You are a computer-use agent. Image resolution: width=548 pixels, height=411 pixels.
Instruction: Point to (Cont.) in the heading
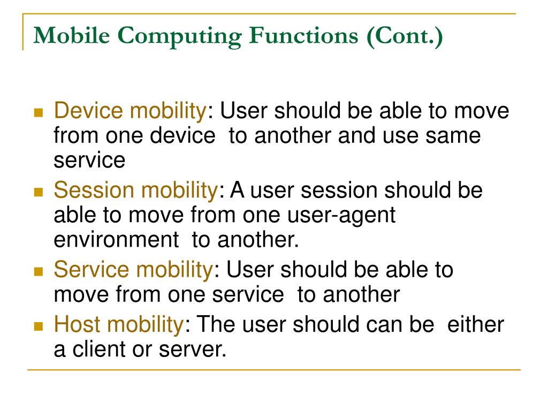tap(405, 36)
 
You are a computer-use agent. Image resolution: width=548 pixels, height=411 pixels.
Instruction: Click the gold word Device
tap(89, 111)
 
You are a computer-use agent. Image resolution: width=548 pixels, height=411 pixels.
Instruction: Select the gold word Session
tap(95, 190)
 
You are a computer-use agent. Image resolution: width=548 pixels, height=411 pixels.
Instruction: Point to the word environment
tap(116, 240)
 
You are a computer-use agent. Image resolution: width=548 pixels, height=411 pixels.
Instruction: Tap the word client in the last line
tap(103, 349)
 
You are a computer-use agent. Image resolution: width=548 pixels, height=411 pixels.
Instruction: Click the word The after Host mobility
tap(215, 324)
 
